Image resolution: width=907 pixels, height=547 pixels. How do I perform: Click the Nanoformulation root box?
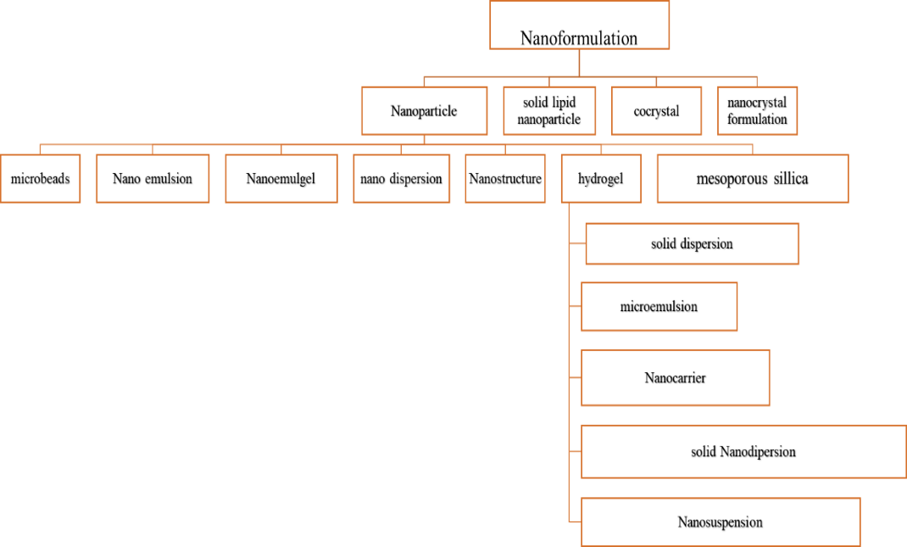click(x=580, y=25)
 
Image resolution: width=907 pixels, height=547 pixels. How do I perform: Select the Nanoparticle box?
click(x=424, y=111)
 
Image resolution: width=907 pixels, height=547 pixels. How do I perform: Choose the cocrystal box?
click(x=657, y=111)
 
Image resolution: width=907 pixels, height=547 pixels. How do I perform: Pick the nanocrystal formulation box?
click(x=757, y=111)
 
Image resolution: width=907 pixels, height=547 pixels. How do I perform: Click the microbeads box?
click(x=41, y=179)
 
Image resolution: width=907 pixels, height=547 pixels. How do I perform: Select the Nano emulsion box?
click(x=153, y=179)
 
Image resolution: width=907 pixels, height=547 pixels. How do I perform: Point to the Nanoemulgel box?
click(x=281, y=179)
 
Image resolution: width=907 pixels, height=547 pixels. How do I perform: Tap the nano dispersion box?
click(x=401, y=179)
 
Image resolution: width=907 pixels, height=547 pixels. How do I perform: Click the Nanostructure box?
click(x=505, y=179)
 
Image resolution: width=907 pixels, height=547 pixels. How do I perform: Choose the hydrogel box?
click(x=600, y=179)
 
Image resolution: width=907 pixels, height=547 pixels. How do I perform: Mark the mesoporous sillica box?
click(x=753, y=179)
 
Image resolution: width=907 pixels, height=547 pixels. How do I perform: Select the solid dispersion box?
click(x=692, y=244)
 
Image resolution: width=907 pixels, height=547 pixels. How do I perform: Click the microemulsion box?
click(x=659, y=307)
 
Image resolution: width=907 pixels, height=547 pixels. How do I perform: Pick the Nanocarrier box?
click(x=675, y=377)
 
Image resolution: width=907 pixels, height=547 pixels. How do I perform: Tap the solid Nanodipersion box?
click(x=743, y=452)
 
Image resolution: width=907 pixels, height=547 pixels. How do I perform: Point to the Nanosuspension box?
click(x=721, y=522)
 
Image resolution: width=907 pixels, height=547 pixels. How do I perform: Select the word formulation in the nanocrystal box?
click(x=757, y=120)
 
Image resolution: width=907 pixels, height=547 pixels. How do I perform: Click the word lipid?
click(x=561, y=103)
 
